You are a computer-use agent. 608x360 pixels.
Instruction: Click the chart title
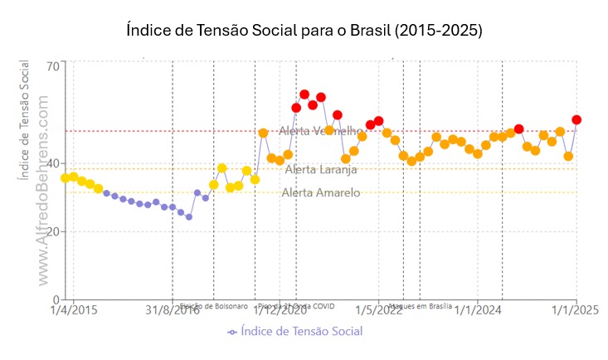pyautogui.click(x=304, y=30)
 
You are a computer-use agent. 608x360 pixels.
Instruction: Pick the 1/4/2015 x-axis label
pyautogui.click(x=73, y=311)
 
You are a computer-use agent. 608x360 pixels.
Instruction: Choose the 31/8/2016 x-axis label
pyautogui.click(x=173, y=311)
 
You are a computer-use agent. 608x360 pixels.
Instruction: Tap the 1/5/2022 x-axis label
pyautogui.click(x=378, y=311)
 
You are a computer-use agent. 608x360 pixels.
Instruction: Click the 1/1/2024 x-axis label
pyautogui.click(x=478, y=311)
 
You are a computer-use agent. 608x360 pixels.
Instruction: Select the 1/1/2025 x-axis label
pyautogui.click(x=576, y=311)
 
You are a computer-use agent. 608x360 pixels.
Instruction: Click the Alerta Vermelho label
pyautogui.click(x=323, y=131)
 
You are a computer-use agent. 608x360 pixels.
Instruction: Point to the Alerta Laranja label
pyautogui.click(x=321, y=169)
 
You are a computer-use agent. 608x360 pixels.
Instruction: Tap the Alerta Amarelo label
pyautogui.click(x=321, y=192)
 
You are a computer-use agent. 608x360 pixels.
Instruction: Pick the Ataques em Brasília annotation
pyautogui.click(x=421, y=305)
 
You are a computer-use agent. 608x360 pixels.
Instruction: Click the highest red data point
pyautogui.click(x=304, y=95)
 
